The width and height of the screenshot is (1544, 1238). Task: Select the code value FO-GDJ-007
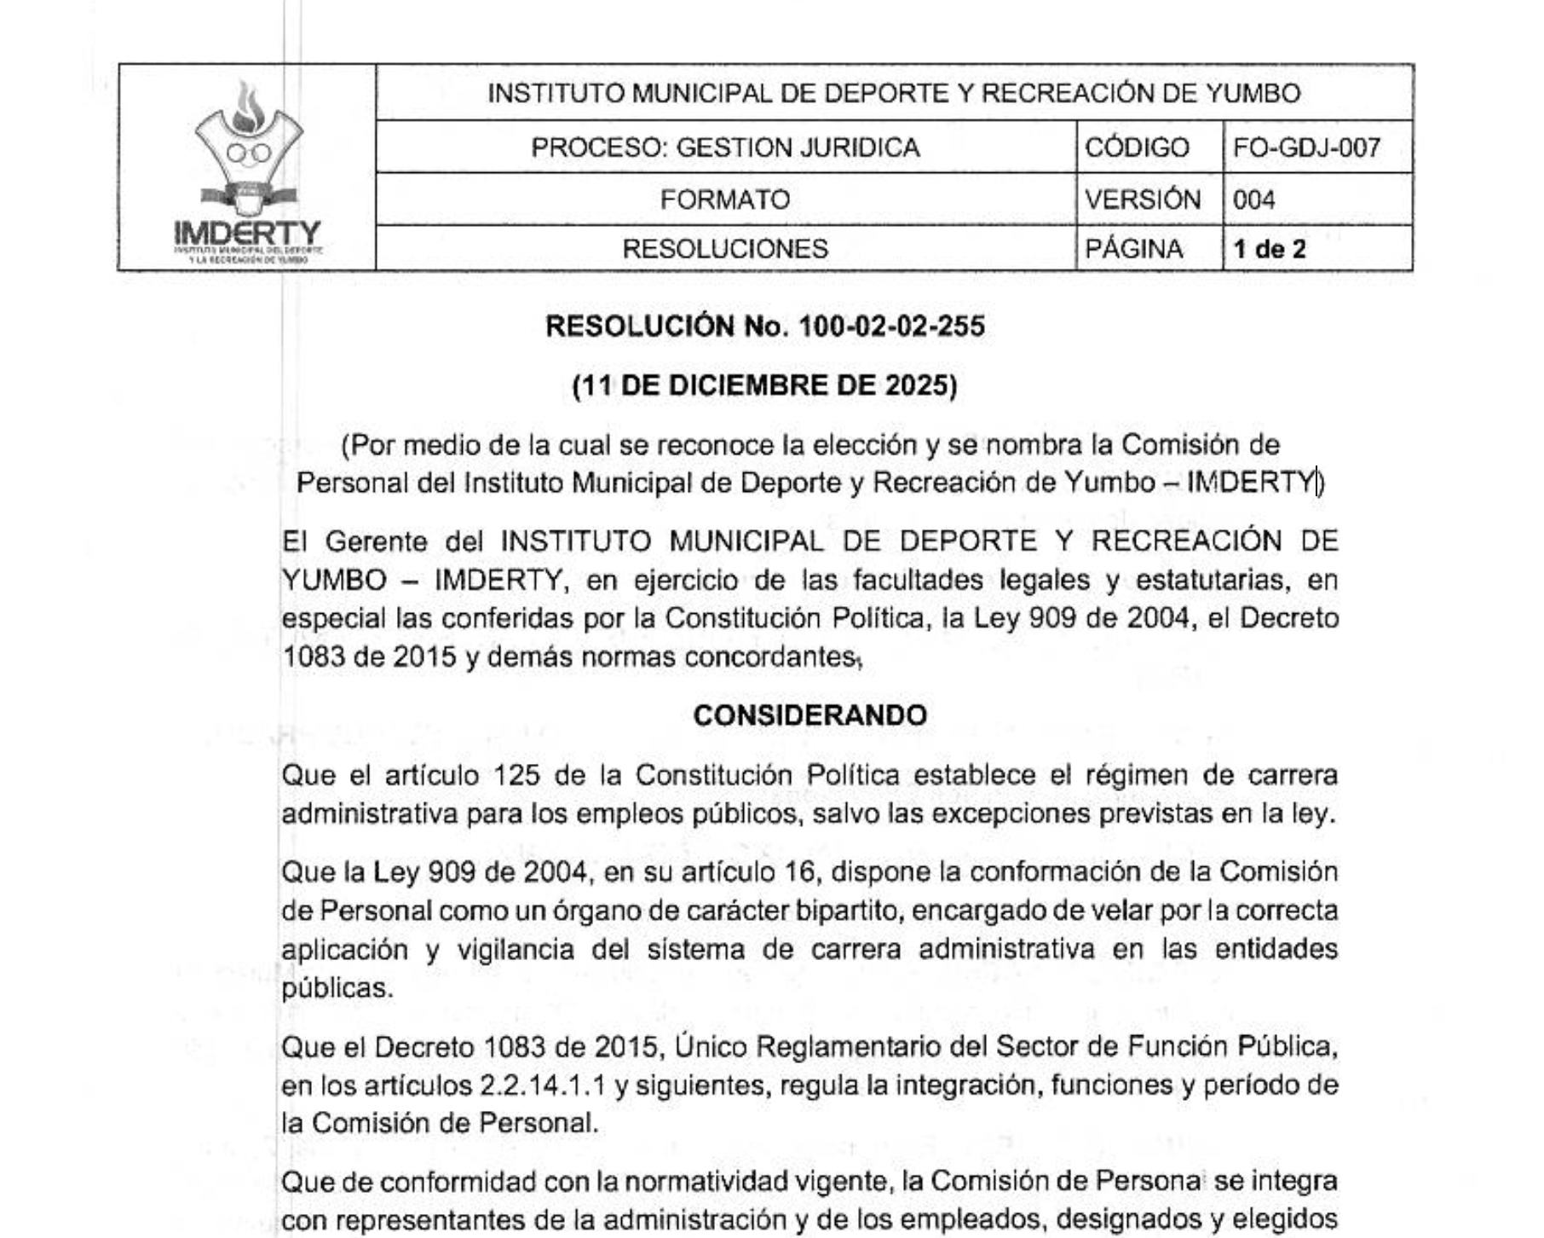1306,148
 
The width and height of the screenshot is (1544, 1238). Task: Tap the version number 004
1253,200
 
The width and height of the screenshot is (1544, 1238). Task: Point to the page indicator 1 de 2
1269,249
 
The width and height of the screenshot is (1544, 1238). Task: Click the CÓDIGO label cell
1137,148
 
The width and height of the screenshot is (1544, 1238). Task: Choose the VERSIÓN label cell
1143,200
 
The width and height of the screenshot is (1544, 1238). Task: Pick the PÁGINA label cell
1133,249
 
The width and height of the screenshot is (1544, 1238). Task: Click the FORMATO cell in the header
725,200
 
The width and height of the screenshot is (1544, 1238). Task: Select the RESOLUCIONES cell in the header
725,249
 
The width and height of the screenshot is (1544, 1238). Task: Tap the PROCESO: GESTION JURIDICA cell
725,148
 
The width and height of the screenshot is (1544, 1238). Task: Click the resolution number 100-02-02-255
891,327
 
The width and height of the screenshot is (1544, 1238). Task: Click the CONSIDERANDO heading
809,715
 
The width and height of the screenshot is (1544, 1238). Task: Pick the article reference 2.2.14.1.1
543,1085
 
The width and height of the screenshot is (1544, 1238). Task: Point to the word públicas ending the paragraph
337,988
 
